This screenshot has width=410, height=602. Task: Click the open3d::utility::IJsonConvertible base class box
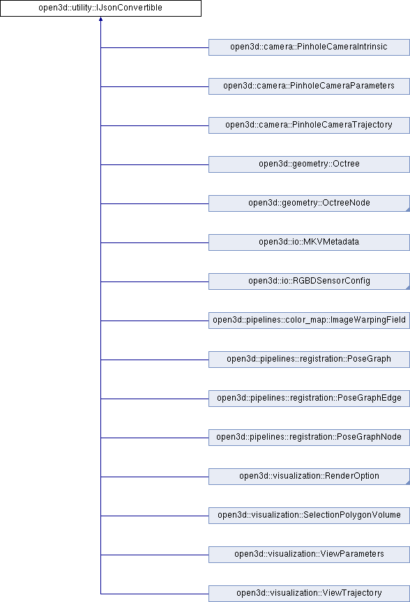100,8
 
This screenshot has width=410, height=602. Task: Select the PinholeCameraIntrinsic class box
309,47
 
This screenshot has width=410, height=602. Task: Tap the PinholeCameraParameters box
309,86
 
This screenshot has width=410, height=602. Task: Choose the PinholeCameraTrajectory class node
309,125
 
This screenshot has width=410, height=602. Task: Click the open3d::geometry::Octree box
309,164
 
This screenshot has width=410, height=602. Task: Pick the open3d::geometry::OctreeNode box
309,203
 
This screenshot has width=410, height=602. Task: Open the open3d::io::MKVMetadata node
309,242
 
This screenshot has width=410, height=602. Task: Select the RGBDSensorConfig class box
309,281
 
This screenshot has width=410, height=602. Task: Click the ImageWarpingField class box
309,321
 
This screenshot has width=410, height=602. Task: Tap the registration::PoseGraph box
309,360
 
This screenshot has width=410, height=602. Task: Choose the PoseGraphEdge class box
309,399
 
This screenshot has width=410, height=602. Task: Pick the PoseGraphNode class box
309,438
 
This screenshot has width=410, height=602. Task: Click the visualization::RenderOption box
309,477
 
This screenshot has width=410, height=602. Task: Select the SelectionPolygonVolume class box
309,516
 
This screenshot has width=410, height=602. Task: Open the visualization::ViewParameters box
309,555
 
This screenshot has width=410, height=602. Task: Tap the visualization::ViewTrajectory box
309,594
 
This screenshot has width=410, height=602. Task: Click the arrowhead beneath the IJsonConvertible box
100,19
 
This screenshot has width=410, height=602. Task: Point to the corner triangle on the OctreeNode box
408,210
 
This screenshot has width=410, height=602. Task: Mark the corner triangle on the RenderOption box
408,483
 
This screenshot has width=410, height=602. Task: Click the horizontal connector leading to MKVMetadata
155,242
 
